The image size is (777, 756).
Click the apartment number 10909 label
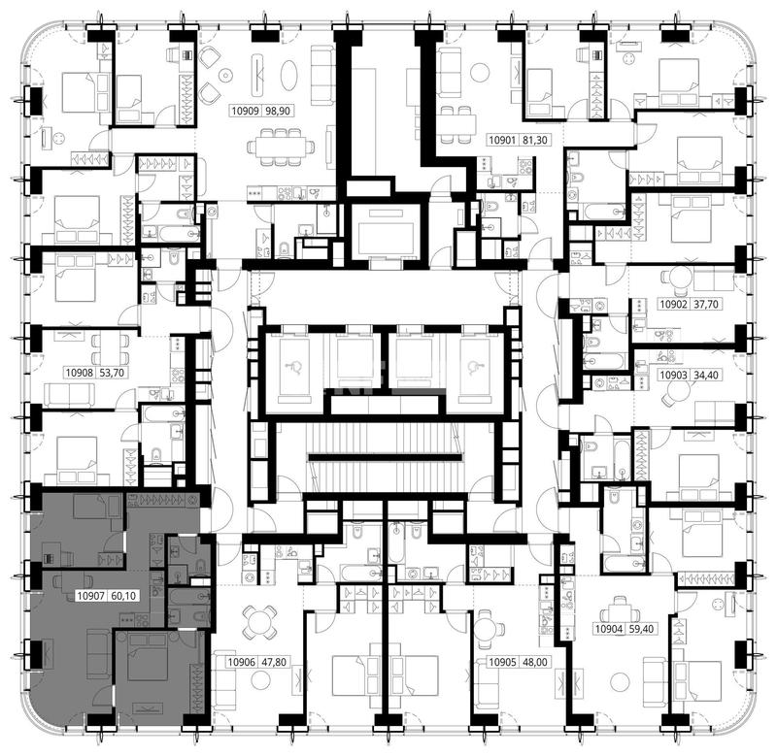[x=246, y=111]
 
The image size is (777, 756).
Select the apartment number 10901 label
[x=502, y=140]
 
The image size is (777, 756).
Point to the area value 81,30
[x=535, y=140]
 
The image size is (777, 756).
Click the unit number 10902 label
[x=673, y=304]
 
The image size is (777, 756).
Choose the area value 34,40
[x=706, y=375]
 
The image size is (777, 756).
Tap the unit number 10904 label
[x=609, y=629]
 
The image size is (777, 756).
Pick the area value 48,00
[x=535, y=662]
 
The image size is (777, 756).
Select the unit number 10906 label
[x=241, y=662]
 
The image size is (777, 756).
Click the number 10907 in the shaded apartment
[x=90, y=596]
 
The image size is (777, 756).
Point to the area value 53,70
[x=112, y=373]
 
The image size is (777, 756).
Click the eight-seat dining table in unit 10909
[x=281, y=147]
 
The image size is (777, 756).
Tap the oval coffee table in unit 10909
[x=289, y=76]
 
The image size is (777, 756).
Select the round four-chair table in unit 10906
[x=259, y=621]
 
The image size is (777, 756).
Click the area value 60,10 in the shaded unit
[x=123, y=596]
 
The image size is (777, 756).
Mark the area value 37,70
[x=706, y=304]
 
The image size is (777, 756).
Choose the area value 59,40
[x=641, y=629]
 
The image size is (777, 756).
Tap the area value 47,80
[x=274, y=662]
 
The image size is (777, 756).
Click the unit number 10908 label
[x=80, y=373]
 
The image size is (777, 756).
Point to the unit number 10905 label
[x=502, y=662]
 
